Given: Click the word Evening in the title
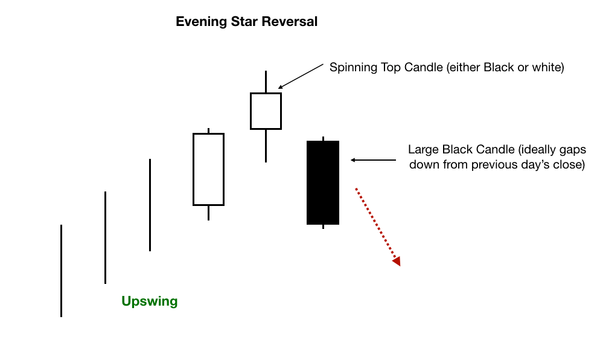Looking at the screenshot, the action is click(202, 22).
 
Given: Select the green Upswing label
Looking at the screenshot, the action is click(150, 301).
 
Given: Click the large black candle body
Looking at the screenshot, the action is click(323, 182).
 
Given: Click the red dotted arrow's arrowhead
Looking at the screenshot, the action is click(397, 261).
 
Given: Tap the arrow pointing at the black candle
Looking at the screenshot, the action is click(373, 160).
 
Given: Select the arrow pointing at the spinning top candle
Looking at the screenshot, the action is click(301, 76).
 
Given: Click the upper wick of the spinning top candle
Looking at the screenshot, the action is click(266, 81).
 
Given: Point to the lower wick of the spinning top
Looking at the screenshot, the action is click(266, 146).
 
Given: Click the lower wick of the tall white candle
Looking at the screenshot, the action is click(208, 213).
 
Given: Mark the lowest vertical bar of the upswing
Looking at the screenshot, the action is click(61, 271).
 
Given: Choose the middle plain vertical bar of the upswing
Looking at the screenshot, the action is click(106, 237).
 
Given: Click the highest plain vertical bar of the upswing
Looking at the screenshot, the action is click(150, 205).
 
